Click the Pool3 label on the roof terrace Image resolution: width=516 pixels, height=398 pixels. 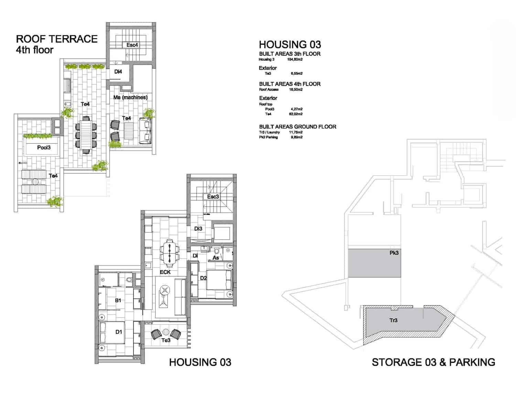click(x=44, y=148)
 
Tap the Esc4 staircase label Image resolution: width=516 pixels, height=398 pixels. click(x=132, y=45)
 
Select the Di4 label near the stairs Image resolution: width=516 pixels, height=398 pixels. click(x=118, y=72)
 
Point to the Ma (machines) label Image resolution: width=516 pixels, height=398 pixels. click(x=130, y=98)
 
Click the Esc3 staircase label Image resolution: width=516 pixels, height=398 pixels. click(x=213, y=197)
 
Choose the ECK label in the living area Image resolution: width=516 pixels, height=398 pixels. click(x=165, y=272)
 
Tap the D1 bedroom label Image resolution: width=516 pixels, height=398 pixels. click(x=119, y=332)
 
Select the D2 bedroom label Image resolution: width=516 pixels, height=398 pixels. click(x=203, y=278)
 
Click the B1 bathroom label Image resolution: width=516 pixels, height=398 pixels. click(x=118, y=300)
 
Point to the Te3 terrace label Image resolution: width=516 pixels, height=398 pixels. click(x=166, y=340)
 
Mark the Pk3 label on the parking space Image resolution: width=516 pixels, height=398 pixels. click(x=394, y=253)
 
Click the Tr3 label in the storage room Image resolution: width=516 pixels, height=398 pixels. click(x=393, y=320)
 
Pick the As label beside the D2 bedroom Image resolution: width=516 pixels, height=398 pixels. click(x=216, y=258)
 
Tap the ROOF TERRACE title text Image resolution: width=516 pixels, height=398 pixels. click(x=57, y=39)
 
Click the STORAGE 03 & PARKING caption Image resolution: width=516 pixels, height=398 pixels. click(x=433, y=362)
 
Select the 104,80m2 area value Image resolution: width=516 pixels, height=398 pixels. click(x=295, y=59)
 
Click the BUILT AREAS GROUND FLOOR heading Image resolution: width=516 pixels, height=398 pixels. click(x=298, y=127)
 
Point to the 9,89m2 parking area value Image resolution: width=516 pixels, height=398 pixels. click(x=296, y=137)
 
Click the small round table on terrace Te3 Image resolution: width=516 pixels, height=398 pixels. click(x=166, y=332)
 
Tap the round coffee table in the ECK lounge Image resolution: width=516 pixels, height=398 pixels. click(x=165, y=290)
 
